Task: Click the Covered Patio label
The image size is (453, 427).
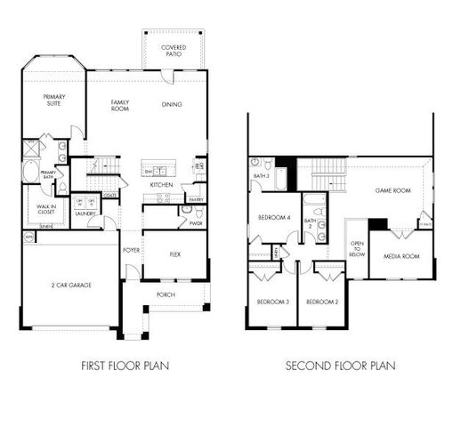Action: (174, 50)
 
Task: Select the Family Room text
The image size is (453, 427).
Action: (120, 106)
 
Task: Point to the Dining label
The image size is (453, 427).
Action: (172, 105)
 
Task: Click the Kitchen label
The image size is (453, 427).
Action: (161, 184)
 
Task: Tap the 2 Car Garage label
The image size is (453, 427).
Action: (71, 285)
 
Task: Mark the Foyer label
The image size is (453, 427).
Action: (131, 251)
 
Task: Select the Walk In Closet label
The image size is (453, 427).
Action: (46, 210)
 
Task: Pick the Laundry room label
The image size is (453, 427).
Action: (85, 213)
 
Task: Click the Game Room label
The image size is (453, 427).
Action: (392, 190)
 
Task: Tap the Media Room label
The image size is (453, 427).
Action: (401, 256)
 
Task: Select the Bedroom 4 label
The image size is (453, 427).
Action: (274, 217)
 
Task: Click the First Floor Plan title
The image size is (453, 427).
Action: (125, 365)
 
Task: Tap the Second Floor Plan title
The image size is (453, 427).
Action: (340, 365)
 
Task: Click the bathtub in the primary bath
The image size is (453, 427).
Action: (30, 172)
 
